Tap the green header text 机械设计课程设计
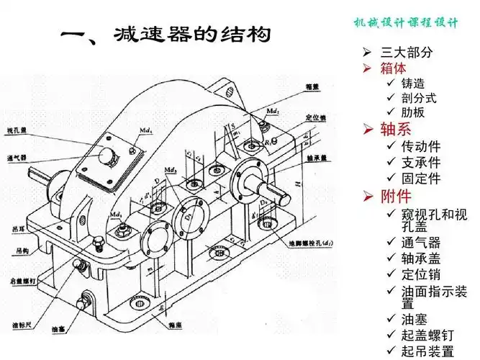[x=405, y=22]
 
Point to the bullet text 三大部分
[x=407, y=53]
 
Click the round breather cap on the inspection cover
[x=109, y=156]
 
